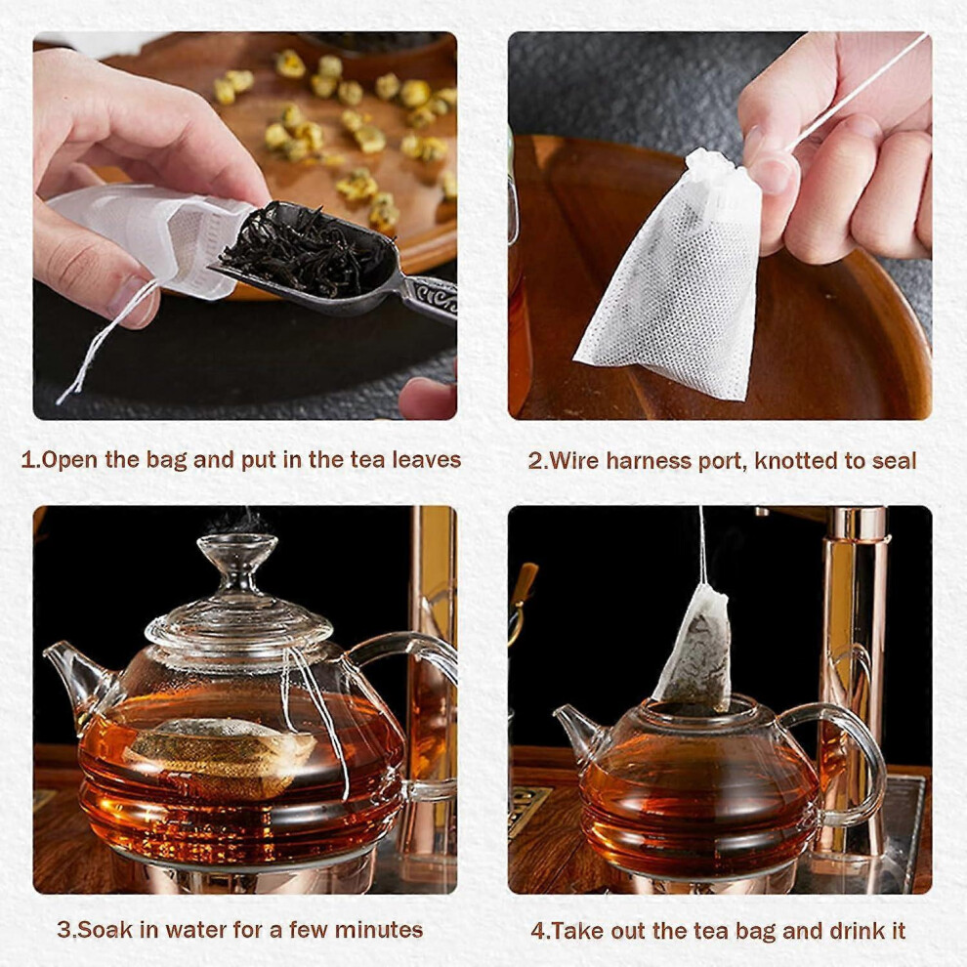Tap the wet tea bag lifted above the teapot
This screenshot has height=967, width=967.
tap(694, 647)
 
